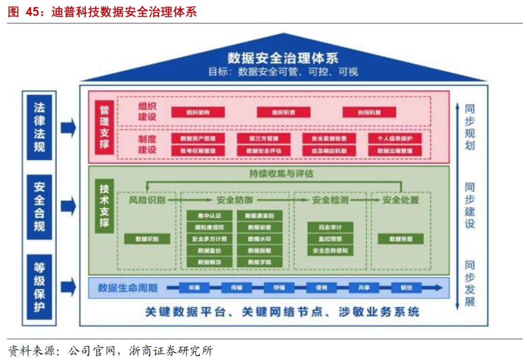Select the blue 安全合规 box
(x=39, y=207)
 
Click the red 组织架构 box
(x=198, y=112)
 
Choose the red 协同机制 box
(x=368, y=112)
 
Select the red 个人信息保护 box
(x=395, y=139)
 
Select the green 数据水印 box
(x=259, y=239)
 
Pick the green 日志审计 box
(x=330, y=227)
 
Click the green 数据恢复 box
(x=401, y=239)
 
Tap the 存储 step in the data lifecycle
(x=276, y=288)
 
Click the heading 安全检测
(x=330, y=200)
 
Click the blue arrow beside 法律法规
(x=68, y=128)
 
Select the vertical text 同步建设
(x=469, y=206)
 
